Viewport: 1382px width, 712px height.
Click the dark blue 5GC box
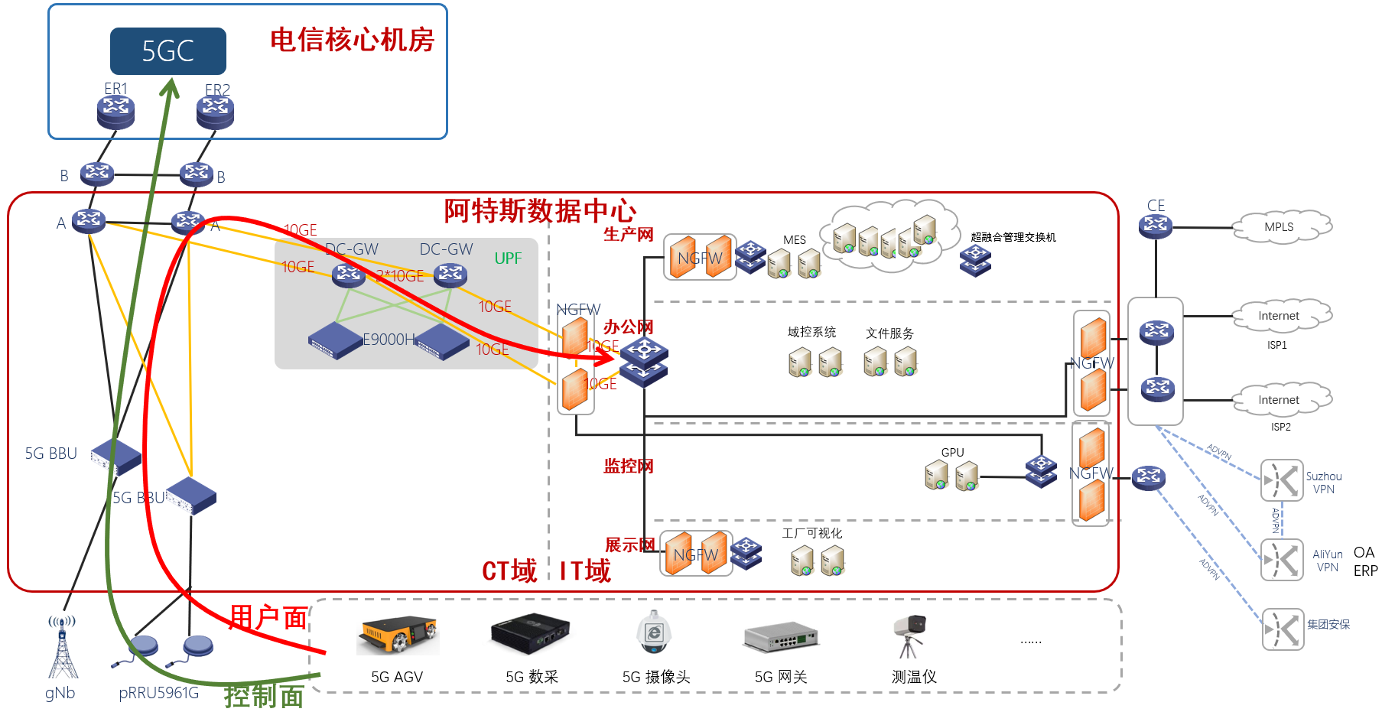click(167, 51)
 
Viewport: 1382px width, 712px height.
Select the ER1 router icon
click(115, 112)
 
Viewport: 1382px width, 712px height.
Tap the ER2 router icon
click(215, 112)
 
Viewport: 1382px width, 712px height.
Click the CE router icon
click(1155, 226)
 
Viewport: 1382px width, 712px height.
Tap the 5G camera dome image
click(654, 632)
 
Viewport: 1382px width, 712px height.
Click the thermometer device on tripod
click(909, 635)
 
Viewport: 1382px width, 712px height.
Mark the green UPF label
click(508, 258)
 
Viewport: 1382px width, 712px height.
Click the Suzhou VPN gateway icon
click(1282, 480)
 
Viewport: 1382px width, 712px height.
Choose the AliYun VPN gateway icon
click(1282, 560)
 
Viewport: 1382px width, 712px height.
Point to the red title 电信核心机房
click(352, 40)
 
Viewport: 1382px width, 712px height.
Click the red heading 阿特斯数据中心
click(540, 210)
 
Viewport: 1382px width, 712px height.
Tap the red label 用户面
click(268, 617)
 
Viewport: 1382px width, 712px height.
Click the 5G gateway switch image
click(781, 636)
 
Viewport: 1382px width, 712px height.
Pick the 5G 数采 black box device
click(530, 633)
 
